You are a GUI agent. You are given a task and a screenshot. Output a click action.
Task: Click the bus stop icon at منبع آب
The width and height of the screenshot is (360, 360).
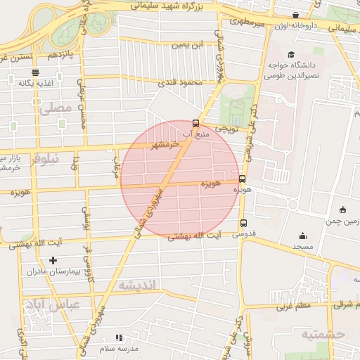195,123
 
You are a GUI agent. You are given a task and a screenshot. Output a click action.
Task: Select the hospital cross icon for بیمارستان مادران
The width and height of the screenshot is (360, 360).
53,261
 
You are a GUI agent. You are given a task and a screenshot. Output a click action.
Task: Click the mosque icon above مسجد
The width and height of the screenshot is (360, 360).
303,236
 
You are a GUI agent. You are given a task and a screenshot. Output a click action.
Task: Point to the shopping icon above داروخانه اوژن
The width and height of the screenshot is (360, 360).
295,15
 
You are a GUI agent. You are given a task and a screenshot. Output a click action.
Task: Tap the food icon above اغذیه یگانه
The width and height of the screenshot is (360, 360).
35,72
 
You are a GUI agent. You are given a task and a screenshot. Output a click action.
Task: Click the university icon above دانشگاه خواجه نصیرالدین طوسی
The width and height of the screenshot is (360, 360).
290,54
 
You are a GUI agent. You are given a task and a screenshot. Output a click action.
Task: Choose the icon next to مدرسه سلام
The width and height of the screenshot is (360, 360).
118,338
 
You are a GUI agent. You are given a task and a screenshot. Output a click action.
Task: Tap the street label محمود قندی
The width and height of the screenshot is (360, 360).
179,83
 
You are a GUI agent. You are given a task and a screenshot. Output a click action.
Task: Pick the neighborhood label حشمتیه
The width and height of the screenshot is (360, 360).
324,334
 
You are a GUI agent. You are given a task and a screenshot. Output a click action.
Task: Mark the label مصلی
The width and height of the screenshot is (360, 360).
56,108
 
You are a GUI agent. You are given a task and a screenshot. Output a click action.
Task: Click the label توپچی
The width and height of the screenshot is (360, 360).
226,129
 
